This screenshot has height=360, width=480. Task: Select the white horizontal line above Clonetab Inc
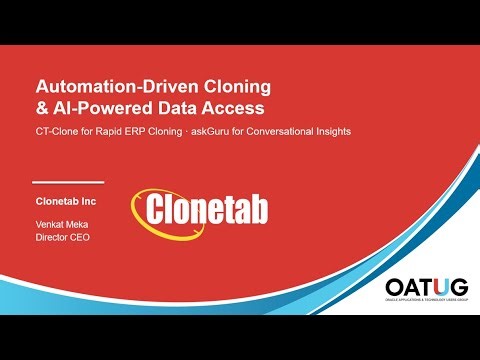68,183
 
